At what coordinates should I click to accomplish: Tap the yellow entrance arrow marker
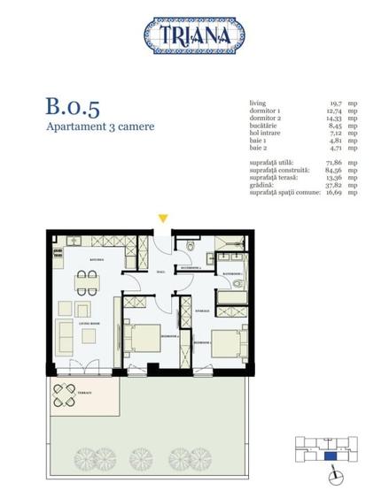click(x=163, y=218)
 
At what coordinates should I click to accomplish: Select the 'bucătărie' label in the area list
click(x=266, y=126)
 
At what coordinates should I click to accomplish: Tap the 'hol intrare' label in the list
click(x=268, y=133)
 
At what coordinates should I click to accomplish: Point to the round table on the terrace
click(x=65, y=394)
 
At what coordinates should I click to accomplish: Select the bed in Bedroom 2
click(x=225, y=342)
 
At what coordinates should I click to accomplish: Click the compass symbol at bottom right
click(x=335, y=478)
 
